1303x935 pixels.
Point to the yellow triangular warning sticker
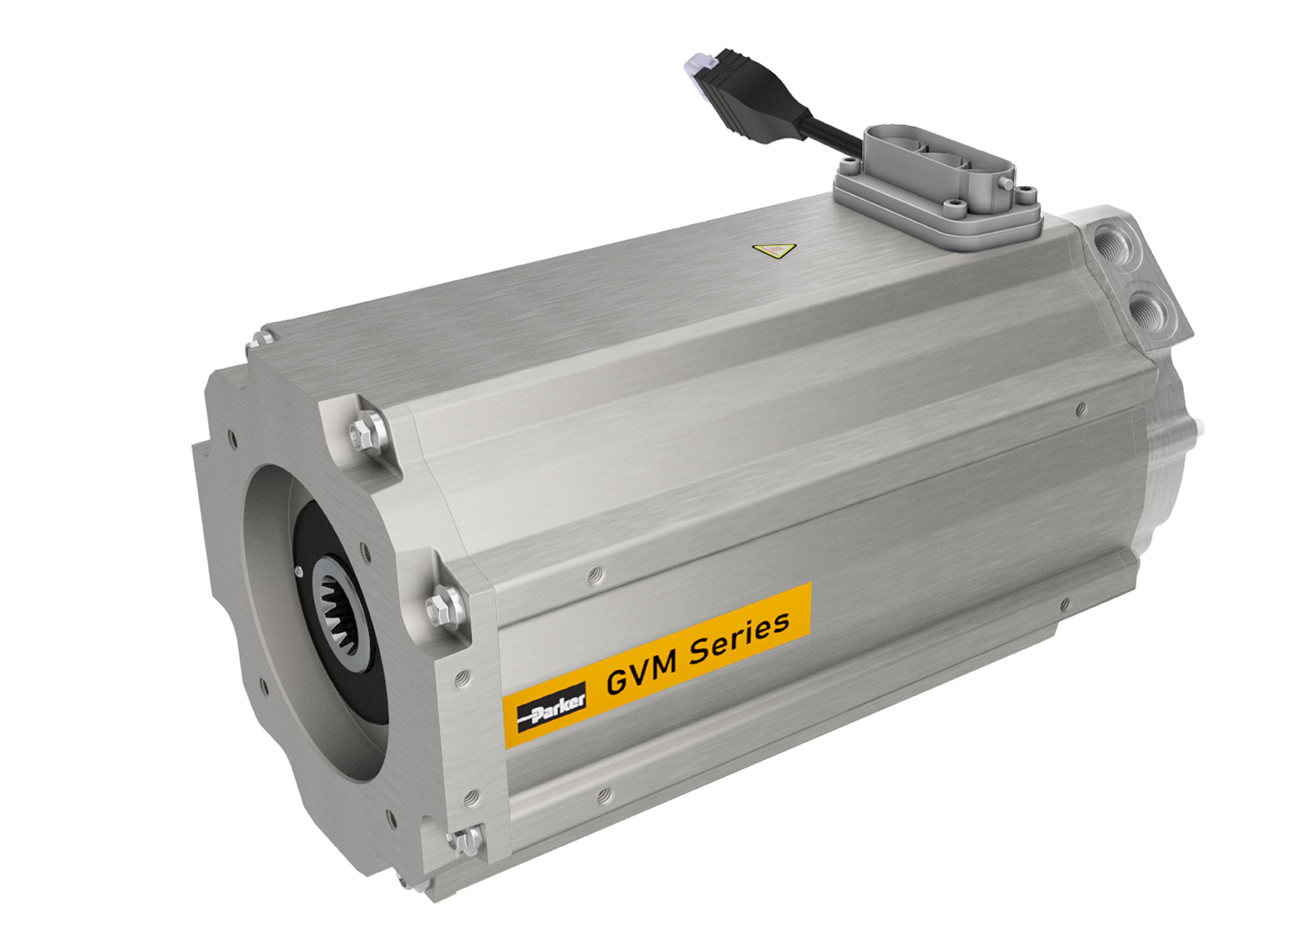pyautogui.click(x=774, y=251)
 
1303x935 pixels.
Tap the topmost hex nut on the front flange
pyautogui.click(x=366, y=430)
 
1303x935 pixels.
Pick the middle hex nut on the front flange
pyautogui.click(x=442, y=604)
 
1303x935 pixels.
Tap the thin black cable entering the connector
pyautogui.click(x=835, y=134)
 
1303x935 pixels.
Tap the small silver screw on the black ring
pyautogui.click(x=300, y=570)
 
